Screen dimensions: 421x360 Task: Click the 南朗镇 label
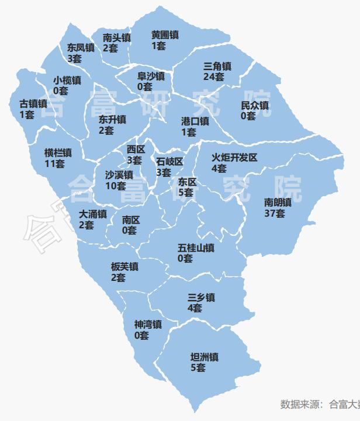(278, 203)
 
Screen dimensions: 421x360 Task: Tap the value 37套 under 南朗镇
(275, 213)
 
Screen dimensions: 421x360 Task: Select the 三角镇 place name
(217, 66)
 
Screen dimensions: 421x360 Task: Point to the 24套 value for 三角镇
(214, 76)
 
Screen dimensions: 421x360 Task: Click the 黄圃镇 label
(165, 35)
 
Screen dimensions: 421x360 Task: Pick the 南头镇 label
(117, 37)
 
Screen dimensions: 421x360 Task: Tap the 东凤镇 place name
(81, 48)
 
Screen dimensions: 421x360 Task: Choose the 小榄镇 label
(67, 80)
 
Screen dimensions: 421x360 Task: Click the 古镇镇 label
(33, 103)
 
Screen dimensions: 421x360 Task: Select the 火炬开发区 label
(234, 158)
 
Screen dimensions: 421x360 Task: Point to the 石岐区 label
(169, 161)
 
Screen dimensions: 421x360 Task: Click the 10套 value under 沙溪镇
(116, 186)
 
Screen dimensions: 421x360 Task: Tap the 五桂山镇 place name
(195, 248)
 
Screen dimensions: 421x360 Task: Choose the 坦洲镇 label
(205, 357)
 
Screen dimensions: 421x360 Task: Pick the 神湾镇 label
(148, 324)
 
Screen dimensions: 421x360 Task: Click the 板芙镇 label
(124, 267)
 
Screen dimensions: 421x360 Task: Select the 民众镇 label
(255, 106)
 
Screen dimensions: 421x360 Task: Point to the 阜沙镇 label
(151, 76)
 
